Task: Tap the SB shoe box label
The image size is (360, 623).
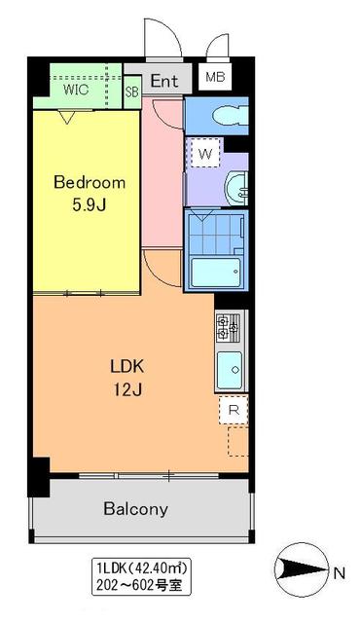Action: point(132,92)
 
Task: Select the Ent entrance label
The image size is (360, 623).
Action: point(163,82)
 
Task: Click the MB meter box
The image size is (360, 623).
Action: point(212,77)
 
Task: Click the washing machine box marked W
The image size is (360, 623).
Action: point(205,154)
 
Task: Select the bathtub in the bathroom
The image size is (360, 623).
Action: point(215,272)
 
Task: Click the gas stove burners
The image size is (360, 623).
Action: point(228,328)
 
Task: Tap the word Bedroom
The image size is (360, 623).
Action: point(90,182)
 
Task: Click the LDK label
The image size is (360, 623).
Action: point(126,368)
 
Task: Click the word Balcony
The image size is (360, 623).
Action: point(135,508)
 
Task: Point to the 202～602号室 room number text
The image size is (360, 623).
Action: point(143,586)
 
